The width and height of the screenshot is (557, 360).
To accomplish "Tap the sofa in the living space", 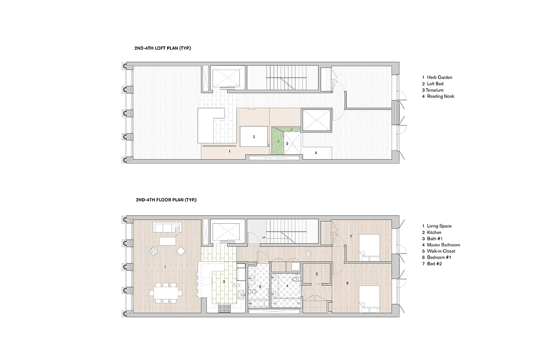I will click(x=166, y=228).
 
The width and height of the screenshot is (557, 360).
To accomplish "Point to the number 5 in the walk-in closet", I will click(x=317, y=274).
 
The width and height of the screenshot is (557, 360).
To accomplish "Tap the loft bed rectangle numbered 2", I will click(x=254, y=137).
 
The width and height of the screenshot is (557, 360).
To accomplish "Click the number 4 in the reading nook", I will click(x=316, y=152).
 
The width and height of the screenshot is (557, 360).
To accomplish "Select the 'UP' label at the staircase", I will click(x=264, y=237).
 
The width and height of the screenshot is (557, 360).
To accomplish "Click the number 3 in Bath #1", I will click(x=260, y=287).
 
